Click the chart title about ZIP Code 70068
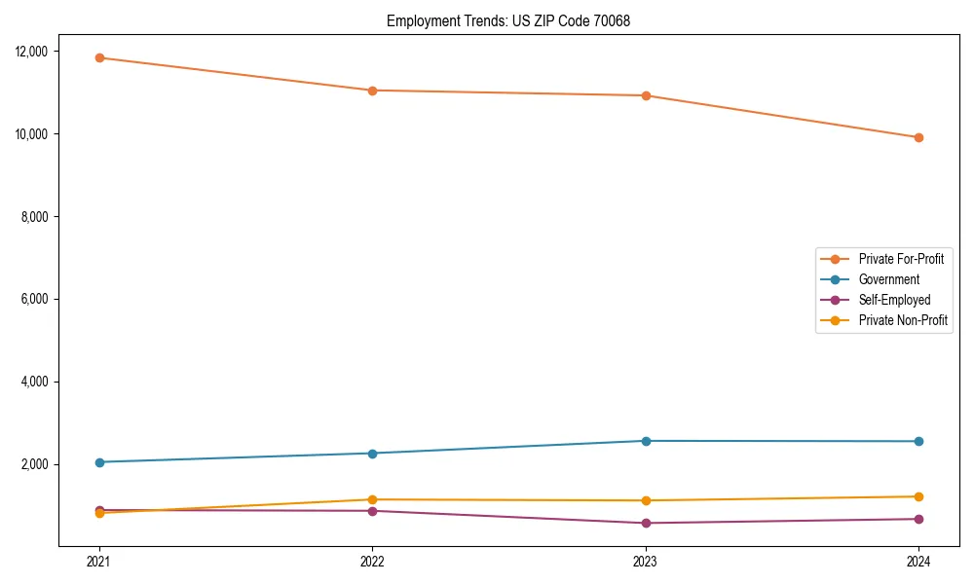click(508, 20)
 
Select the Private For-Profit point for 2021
click(98, 57)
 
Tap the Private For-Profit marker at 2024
click(918, 137)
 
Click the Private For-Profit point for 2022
click(372, 91)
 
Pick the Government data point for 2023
click(646, 441)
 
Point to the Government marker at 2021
click(98, 462)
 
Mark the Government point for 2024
click(918, 442)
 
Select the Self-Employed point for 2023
click(646, 524)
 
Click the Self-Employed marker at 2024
click(918, 519)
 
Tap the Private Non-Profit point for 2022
click(372, 499)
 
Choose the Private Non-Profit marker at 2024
click(918, 496)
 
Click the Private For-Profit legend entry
click(901, 259)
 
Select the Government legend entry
click(889, 279)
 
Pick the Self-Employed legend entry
click(894, 300)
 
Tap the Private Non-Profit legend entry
click(903, 320)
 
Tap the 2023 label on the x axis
click(646, 561)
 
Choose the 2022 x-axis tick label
click(372, 561)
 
